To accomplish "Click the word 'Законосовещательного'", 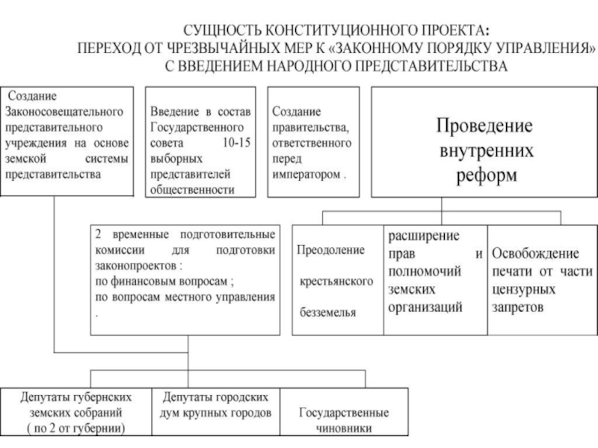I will (64, 111).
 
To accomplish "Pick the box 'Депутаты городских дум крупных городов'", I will (215, 411).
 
